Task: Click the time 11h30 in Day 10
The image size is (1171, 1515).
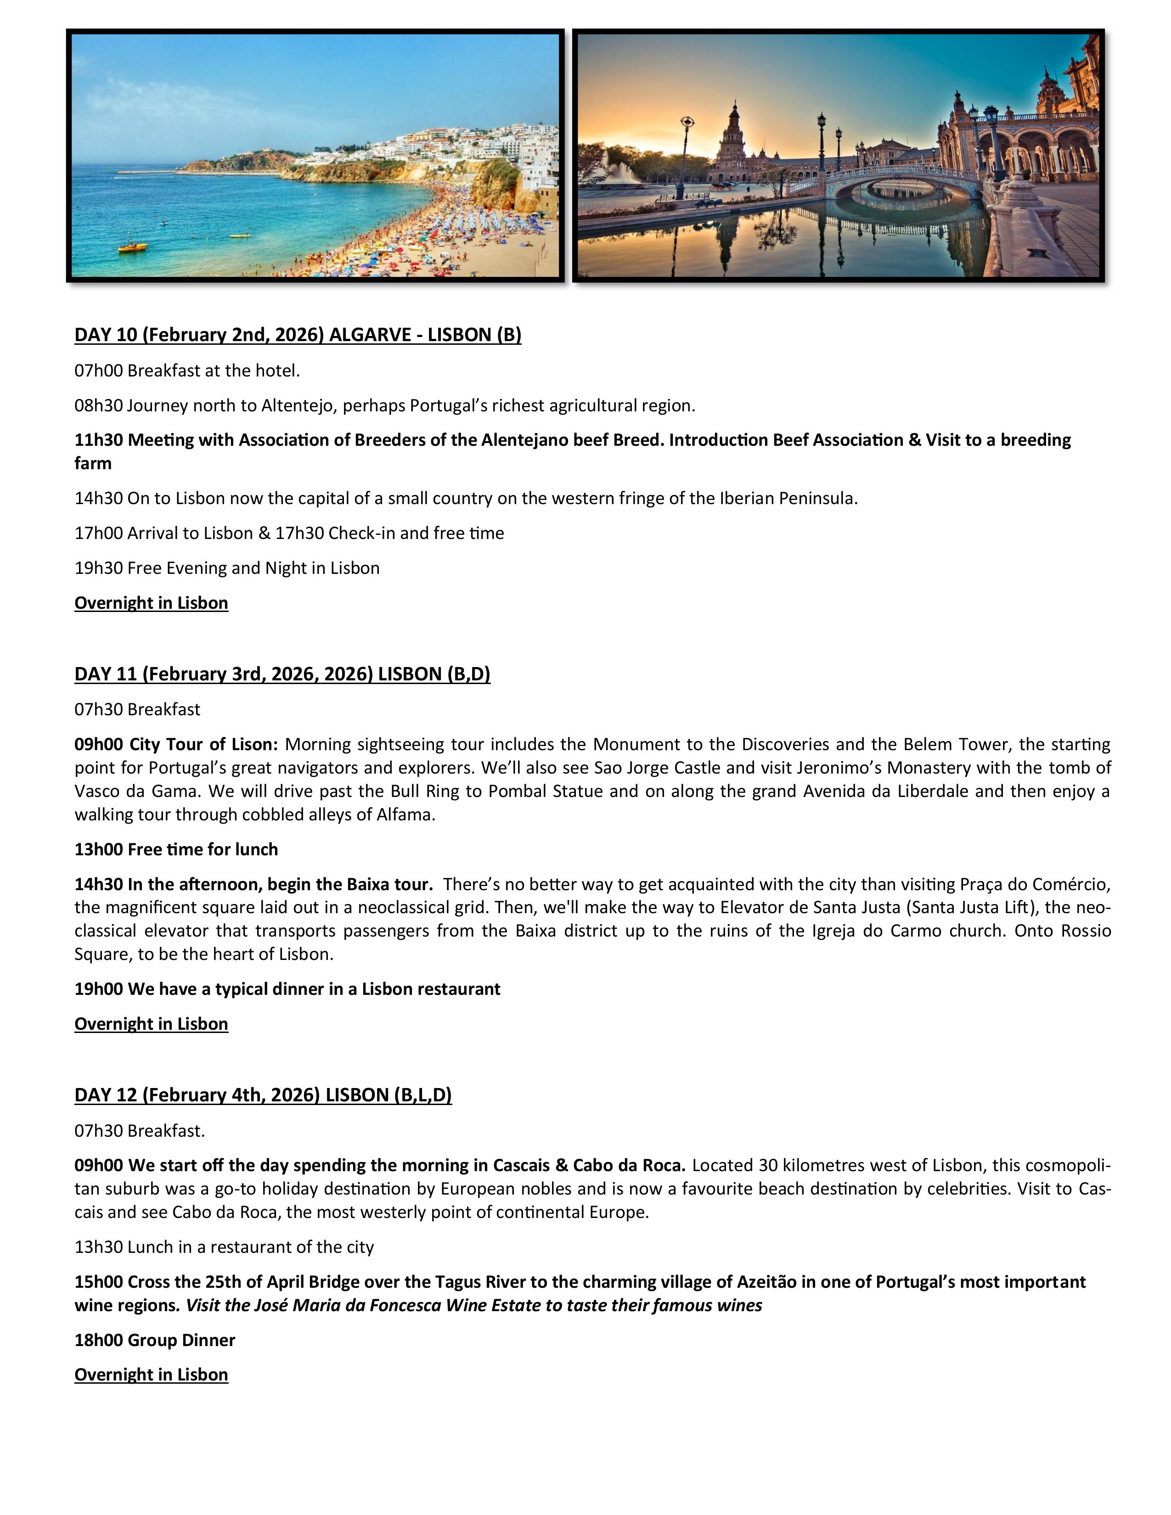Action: [99, 440]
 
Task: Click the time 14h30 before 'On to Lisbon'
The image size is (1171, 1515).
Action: [99, 498]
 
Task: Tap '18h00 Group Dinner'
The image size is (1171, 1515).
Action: [155, 1340]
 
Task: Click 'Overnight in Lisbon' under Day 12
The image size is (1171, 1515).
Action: [151, 1375]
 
